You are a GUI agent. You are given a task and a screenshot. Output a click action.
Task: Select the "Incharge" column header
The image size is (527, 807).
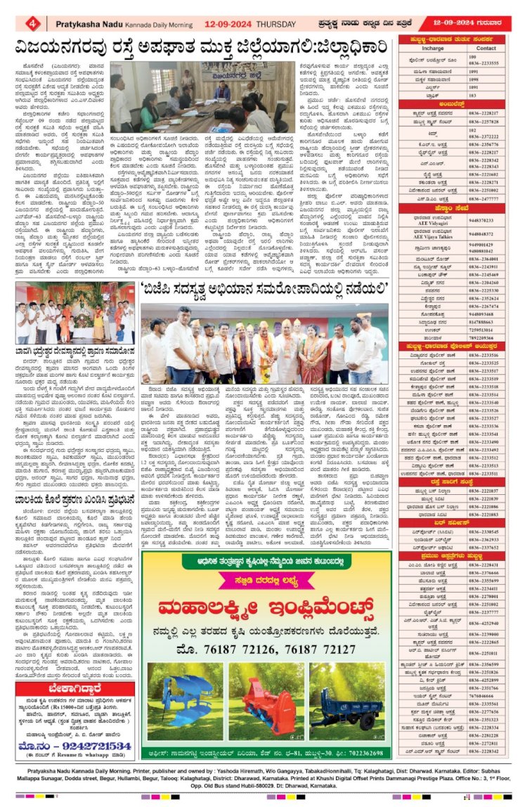[x=432, y=49]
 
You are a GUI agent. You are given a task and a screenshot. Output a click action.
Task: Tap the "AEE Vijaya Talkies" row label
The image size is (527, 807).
[x=433, y=233]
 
